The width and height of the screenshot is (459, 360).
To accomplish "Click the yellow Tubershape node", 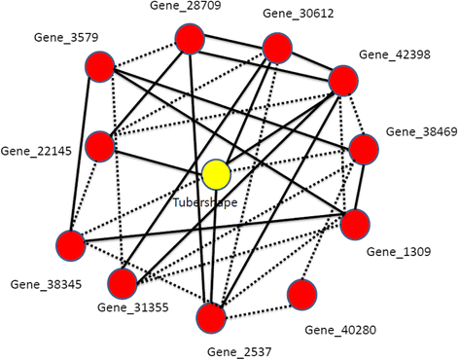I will pyautogui.click(x=216, y=175).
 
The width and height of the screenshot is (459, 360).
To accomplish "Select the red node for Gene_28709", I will pyautogui.click(x=190, y=41).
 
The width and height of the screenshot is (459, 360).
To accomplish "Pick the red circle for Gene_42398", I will pyautogui.click(x=345, y=81).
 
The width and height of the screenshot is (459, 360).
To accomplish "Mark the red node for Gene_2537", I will pyautogui.click(x=212, y=317).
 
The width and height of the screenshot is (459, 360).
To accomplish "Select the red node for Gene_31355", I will pyautogui.click(x=123, y=284).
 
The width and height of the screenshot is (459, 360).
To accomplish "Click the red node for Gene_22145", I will pyautogui.click(x=100, y=147).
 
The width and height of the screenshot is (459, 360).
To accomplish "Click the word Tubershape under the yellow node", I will pyautogui.click(x=205, y=202).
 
